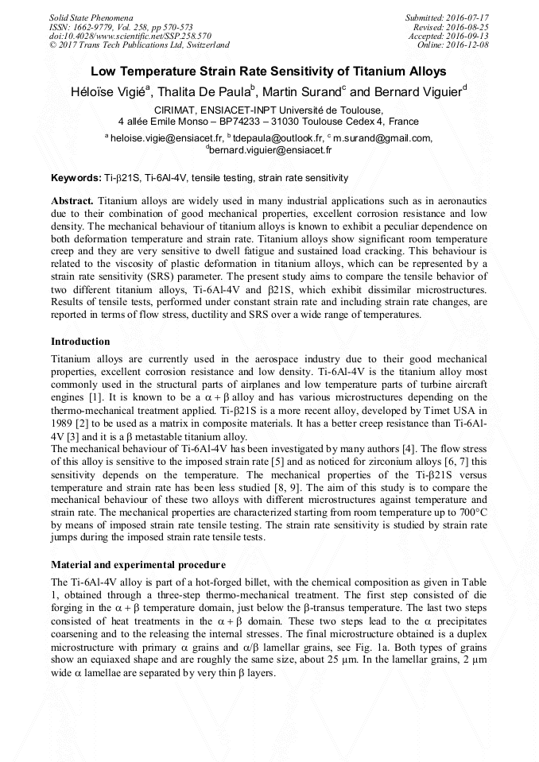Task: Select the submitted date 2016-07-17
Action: point(468,17)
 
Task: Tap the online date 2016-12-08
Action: point(468,44)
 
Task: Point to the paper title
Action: point(269,72)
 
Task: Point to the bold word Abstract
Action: point(72,202)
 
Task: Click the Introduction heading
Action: point(80,342)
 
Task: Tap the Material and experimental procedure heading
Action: point(138,565)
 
